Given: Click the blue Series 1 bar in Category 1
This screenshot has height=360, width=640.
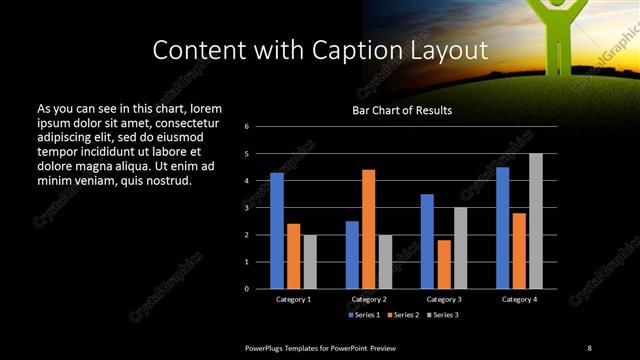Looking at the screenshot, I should (x=277, y=230).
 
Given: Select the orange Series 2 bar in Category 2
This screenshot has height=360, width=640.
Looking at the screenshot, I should (x=368, y=229).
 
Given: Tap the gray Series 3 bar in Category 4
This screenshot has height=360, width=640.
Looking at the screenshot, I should (x=536, y=221).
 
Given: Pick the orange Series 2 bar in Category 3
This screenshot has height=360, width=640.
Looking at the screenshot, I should (x=443, y=264).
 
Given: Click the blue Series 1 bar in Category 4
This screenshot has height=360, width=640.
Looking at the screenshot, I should (x=502, y=227).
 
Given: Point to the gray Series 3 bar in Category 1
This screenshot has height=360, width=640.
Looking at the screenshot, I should (x=310, y=261).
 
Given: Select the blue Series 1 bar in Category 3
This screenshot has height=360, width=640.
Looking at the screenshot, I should (x=427, y=241).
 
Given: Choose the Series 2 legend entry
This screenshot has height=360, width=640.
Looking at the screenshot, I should (x=403, y=315).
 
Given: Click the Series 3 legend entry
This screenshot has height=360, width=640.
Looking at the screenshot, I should (x=442, y=315).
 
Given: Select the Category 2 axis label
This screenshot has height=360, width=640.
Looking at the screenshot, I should (x=368, y=299).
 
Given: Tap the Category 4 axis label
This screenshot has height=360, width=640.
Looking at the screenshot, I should (x=518, y=299).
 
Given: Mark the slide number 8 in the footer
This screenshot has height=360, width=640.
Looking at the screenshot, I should (x=589, y=347).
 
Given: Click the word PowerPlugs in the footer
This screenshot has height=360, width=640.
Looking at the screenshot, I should (x=267, y=347).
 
